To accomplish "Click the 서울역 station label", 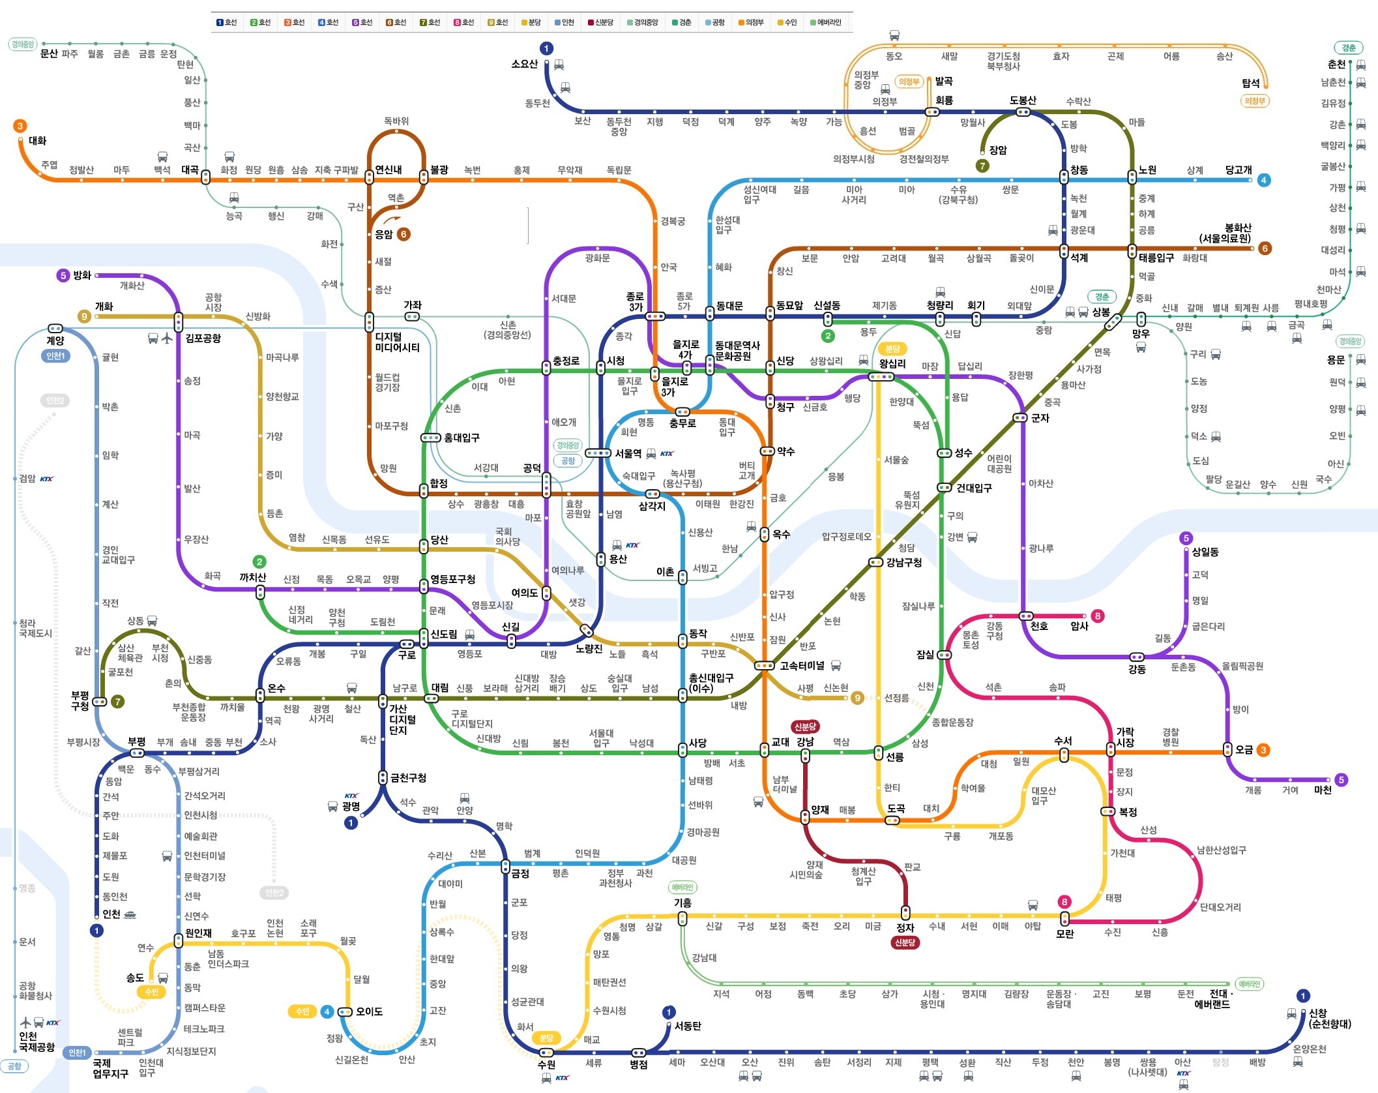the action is pyautogui.click(x=628, y=453).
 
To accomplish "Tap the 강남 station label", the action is pyautogui.click(x=805, y=741).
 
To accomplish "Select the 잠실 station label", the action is pyautogui.click(x=926, y=654).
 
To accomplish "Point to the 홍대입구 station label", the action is pyautogui.click(x=462, y=438).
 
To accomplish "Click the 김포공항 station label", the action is pyautogui.click(x=203, y=338).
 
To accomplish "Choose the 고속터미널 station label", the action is pyautogui.click(x=802, y=665).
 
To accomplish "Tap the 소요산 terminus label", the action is pyautogui.click(x=525, y=64).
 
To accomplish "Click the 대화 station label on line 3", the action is pyautogui.click(x=38, y=140).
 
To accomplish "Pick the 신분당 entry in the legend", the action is pyautogui.click(x=600, y=22).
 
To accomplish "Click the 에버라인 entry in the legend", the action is pyautogui.click(x=825, y=22).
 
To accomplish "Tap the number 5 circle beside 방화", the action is pyautogui.click(x=63, y=275).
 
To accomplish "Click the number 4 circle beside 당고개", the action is pyautogui.click(x=1263, y=180).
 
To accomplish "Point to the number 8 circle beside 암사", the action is pyautogui.click(x=1098, y=616).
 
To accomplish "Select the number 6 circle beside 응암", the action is pyautogui.click(x=404, y=233).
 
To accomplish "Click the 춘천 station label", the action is pyautogui.click(x=1336, y=64).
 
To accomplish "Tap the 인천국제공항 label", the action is pyautogui.click(x=37, y=1041).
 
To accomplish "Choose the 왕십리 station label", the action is pyautogui.click(x=892, y=364).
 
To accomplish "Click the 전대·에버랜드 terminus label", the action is pyautogui.click(x=1212, y=999).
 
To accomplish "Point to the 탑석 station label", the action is pyautogui.click(x=1251, y=83).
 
